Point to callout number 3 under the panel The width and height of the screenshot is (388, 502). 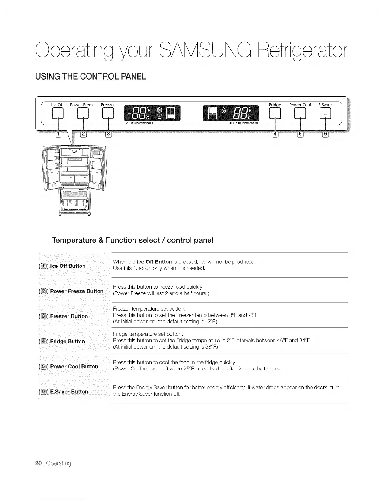pos(108,134)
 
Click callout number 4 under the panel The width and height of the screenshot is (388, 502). pos(275,134)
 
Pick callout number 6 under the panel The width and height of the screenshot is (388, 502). pos(326,134)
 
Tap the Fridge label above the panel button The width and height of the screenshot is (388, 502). pos(275,105)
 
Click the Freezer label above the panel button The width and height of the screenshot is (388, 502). pos(108,105)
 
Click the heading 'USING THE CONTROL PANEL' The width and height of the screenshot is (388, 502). pos(91,77)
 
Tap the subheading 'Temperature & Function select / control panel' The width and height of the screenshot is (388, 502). pos(133,240)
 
